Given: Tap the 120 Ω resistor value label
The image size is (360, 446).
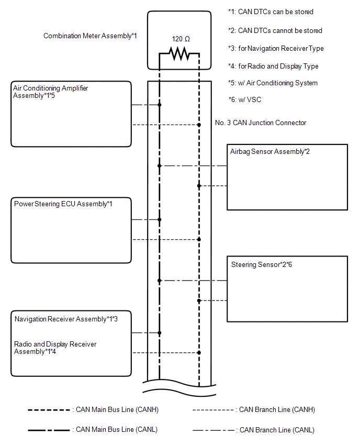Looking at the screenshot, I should pos(181,39).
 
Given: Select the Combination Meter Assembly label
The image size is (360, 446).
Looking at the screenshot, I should pos(90,36).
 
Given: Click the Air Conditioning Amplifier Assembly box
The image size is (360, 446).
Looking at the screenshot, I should pos(71,114).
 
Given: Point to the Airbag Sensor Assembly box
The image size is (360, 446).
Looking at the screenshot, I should pos(287,177).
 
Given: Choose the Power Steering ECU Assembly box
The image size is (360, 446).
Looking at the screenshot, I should pos(71,230).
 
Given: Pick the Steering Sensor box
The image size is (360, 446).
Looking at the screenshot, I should pos(287,288).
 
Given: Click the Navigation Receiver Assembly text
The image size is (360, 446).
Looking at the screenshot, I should pos(70,319).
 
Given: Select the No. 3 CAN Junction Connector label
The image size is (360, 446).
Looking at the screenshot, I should pos(261,122).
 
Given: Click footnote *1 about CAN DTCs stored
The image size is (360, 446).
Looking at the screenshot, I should pos(271,12).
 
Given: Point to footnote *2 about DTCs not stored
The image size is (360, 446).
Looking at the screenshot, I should pos(275,30).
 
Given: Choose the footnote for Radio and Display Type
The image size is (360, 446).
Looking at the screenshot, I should pos(273,66).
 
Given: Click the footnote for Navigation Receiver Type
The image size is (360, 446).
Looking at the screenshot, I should pos(276,48).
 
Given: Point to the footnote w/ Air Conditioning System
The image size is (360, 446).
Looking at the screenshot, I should pos(273,83).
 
